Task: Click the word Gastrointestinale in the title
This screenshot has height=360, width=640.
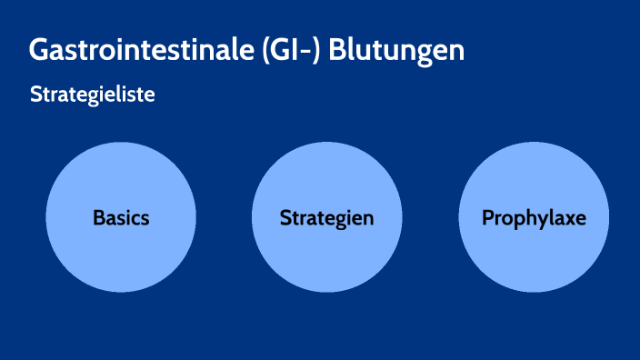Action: click(136, 50)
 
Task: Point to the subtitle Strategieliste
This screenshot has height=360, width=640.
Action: click(92, 95)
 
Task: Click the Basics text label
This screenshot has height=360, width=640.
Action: click(121, 218)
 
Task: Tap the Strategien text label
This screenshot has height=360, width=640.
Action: click(327, 218)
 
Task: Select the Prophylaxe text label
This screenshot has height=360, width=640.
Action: click(534, 218)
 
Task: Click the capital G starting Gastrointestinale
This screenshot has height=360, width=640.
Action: click(39, 50)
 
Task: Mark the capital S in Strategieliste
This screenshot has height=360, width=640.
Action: click(35, 95)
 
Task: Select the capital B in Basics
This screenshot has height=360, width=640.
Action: click(98, 218)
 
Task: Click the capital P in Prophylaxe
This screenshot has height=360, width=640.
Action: click(487, 218)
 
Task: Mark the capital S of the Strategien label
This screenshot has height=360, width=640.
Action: click(285, 218)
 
